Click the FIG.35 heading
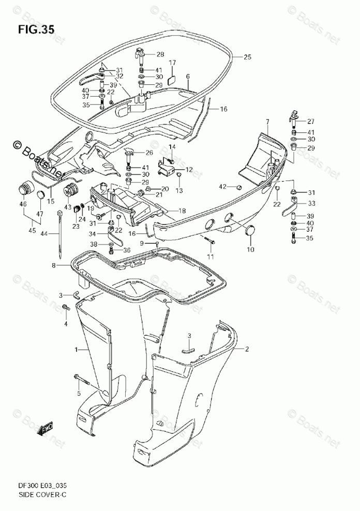pos(36,29)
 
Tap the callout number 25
pos(247,57)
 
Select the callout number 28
pos(160,54)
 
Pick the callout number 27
pos(310,122)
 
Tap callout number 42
pos(222,186)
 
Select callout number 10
pos(250,250)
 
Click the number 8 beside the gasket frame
pos(53,266)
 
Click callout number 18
pos(182,211)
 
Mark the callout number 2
pos(247,349)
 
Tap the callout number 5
pos(79,394)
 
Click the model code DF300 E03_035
pos(42,486)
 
